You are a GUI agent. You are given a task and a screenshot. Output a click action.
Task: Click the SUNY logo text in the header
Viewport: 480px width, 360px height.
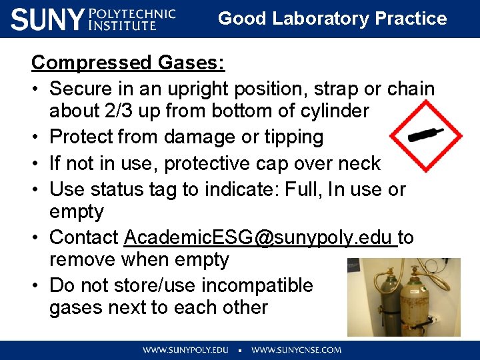[x=47, y=19]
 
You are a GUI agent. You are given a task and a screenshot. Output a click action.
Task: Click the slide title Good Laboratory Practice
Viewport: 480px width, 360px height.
[x=332, y=18]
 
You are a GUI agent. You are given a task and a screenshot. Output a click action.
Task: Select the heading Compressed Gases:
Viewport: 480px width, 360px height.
[x=128, y=63]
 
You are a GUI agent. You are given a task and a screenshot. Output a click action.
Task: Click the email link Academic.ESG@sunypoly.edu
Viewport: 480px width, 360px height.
[x=260, y=237]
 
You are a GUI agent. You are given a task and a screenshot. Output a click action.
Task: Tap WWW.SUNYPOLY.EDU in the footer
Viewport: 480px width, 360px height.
[x=185, y=349]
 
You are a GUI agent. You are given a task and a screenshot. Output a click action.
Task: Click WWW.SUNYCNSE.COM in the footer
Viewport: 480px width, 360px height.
[x=296, y=349]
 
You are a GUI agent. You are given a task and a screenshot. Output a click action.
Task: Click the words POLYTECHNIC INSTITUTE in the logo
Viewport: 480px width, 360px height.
[x=132, y=19]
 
